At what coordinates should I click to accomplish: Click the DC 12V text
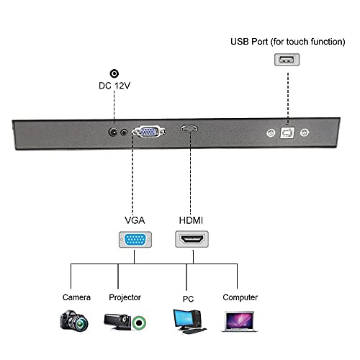(x=114, y=87)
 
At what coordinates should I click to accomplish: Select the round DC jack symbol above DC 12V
(x=114, y=73)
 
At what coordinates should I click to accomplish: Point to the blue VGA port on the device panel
(x=150, y=132)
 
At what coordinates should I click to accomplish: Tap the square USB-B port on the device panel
(x=287, y=133)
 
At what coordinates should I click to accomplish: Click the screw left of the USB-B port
(x=270, y=133)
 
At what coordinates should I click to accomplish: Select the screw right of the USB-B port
(x=305, y=133)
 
